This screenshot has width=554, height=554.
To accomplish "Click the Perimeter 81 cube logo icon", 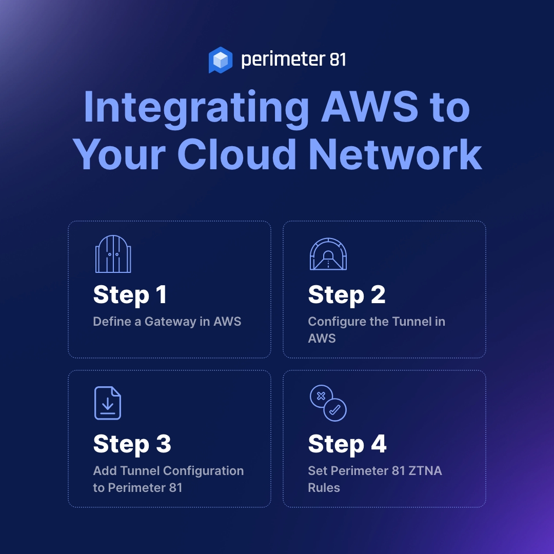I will click(x=221, y=60).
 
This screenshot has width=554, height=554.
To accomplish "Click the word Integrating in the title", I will click(x=196, y=108).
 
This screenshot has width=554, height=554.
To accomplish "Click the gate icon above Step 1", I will click(x=113, y=254).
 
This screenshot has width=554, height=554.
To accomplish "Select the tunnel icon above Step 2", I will click(x=328, y=254).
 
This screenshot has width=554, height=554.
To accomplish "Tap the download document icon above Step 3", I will click(x=108, y=403).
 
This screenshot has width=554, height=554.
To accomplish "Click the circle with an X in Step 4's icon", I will click(x=321, y=396).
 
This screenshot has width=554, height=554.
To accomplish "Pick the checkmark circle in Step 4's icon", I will click(x=335, y=409).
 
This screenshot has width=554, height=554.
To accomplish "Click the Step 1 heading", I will click(x=130, y=295).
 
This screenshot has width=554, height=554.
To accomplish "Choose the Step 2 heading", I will click(x=347, y=295).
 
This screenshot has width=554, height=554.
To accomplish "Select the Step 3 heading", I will click(x=132, y=444).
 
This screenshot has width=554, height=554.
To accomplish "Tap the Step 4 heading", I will click(x=347, y=444).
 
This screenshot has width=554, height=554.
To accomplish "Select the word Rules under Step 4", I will click(x=324, y=487).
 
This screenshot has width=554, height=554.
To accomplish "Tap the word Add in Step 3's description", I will click(x=104, y=471).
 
